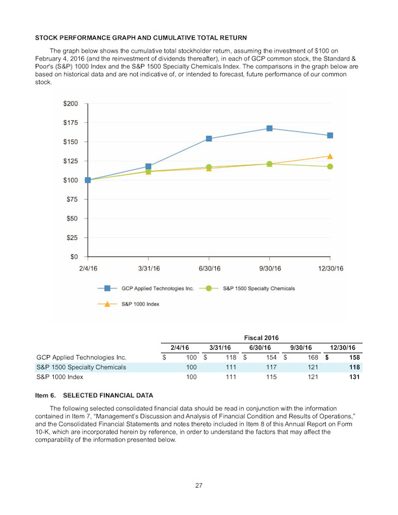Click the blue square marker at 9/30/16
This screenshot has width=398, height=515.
click(269, 128)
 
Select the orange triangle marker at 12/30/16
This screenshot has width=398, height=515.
click(330, 156)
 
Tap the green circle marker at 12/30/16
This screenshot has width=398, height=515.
click(330, 166)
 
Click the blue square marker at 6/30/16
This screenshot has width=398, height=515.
click(209, 139)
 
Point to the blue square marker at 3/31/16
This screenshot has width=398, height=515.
click(148, 166)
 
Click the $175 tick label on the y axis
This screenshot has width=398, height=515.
click(71, 123)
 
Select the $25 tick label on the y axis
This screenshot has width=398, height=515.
click(72, 237)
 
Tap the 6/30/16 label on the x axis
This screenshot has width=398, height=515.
click(209, 269)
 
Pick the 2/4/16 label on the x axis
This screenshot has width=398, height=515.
click(88, 269)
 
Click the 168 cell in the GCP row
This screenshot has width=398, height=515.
click(313, 358)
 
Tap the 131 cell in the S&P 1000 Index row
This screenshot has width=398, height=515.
click(354, 377)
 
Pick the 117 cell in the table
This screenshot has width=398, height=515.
click(271, 367)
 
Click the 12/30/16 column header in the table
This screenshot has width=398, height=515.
click(343, 347)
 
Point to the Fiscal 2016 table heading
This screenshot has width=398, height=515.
click(261, 337)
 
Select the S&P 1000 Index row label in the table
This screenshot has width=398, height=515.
click(60, 377)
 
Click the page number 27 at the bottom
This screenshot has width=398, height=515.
click(198, 486)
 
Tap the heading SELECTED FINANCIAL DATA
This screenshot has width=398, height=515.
click(108, 395)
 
